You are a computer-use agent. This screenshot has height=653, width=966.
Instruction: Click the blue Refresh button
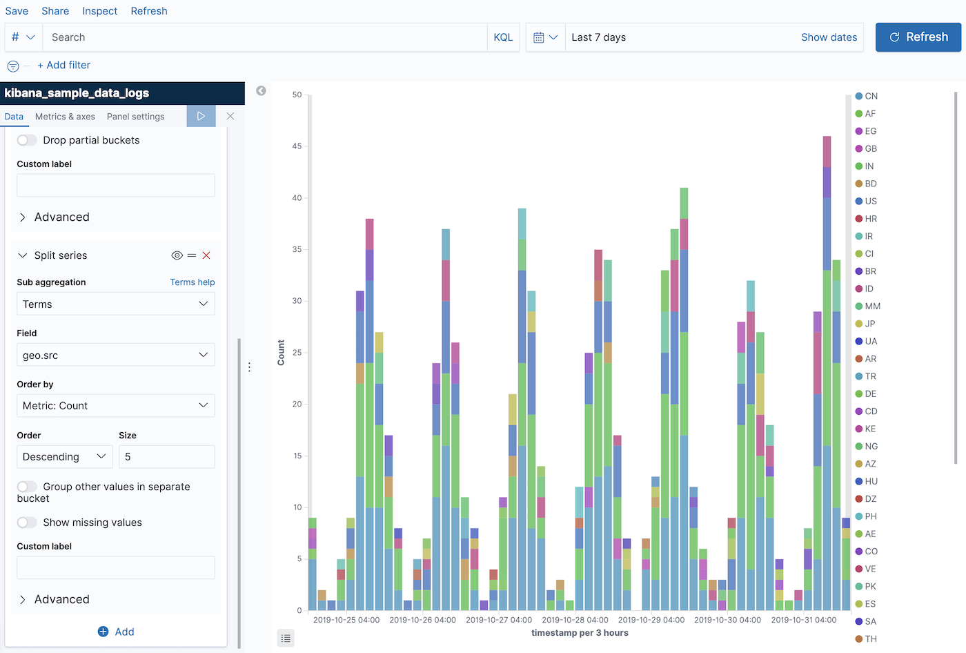tap(918, 37)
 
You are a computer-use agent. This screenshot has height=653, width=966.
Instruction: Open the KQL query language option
tap(503, 37)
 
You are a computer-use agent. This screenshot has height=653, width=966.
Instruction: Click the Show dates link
tap(829, 37)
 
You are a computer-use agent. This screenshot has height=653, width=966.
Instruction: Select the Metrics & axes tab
tap(65, 117)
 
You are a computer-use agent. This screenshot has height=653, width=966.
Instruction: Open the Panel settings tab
tap(135, 117)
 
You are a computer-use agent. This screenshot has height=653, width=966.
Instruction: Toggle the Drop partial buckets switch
tap(27, 140)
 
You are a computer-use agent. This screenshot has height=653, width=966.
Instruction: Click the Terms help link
tap(192, 282)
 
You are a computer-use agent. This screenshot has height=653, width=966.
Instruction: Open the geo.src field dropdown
tap(115, 355)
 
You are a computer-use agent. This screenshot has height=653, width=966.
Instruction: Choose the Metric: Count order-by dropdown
tap(115, 406)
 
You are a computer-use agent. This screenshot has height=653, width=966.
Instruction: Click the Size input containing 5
tap(166, 457)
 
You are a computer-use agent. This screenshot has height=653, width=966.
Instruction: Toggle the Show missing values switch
tap(27, 523)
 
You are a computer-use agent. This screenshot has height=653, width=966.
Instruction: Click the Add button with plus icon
tap(116, 632)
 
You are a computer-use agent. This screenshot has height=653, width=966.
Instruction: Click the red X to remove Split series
tap(206, 255)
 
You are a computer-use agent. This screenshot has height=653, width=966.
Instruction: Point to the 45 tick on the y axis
tap(297, 146)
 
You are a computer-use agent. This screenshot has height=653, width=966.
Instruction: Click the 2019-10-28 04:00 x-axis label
tap(575, 620)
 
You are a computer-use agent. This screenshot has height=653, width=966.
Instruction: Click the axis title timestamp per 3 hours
tap(580, 633)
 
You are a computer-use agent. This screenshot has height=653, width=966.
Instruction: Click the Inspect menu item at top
tap(99, 11)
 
